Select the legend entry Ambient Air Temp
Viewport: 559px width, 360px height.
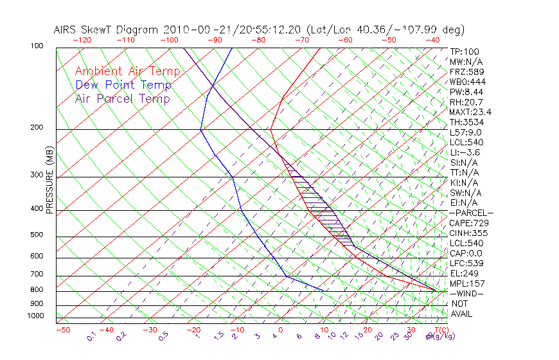tap(127, 71)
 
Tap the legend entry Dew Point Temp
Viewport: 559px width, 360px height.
tap(123, 85)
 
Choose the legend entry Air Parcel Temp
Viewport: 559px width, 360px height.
tap(122, 98)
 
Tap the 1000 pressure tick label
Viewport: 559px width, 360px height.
tap(36, 316)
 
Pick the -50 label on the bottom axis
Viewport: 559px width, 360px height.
tap(62, 330)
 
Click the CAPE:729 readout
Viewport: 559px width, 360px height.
tap(466, 222)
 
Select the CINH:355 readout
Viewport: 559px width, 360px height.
tap(466, 233)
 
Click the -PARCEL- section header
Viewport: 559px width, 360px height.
tap(471, 213)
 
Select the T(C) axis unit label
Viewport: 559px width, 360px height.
tap(438, 330)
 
